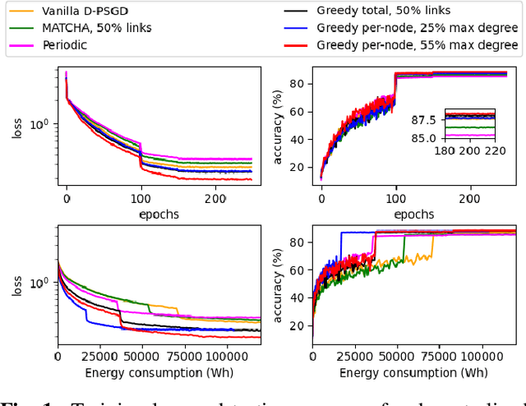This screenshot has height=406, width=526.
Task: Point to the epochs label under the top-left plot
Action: pyautogui.click(x=159, y=214)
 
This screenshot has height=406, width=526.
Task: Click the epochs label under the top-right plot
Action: pyautogui.click(x=413, y=214)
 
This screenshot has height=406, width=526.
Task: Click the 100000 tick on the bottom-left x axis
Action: pyautogui.click(x=225, y=358)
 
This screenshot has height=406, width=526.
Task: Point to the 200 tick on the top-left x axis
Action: pyautogui.click(x=215, y=198)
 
